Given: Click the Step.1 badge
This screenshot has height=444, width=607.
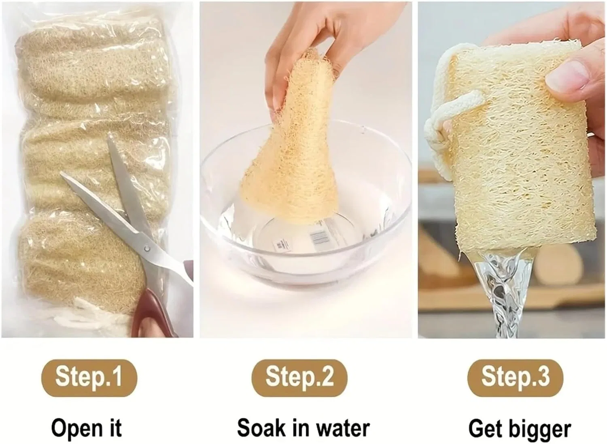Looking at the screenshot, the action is pyautogui.click(x=89, y=378).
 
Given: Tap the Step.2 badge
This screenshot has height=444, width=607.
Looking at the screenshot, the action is pyautogui.click(x=299, y=378).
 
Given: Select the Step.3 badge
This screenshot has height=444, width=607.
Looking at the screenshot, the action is pyautogui.click(x=515, y=378).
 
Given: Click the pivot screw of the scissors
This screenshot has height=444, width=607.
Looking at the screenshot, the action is pyautogui.click(x=146, y=248).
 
